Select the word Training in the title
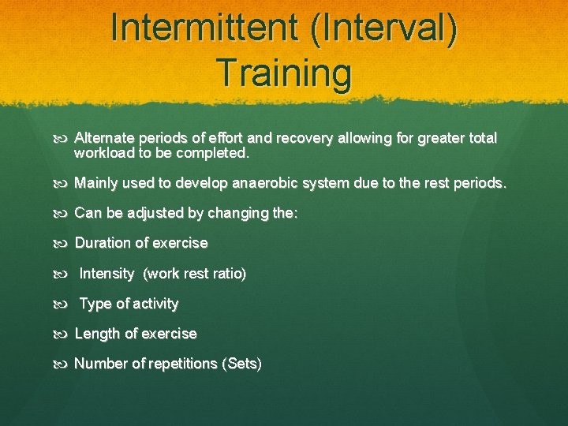(x=284, y=73)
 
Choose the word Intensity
(x=107, y=274)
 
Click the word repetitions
(x=182, y=364)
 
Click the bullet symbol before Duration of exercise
(x=65, y=243)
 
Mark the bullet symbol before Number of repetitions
(x=65, y=364)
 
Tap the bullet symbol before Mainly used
(x=65, y=183)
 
